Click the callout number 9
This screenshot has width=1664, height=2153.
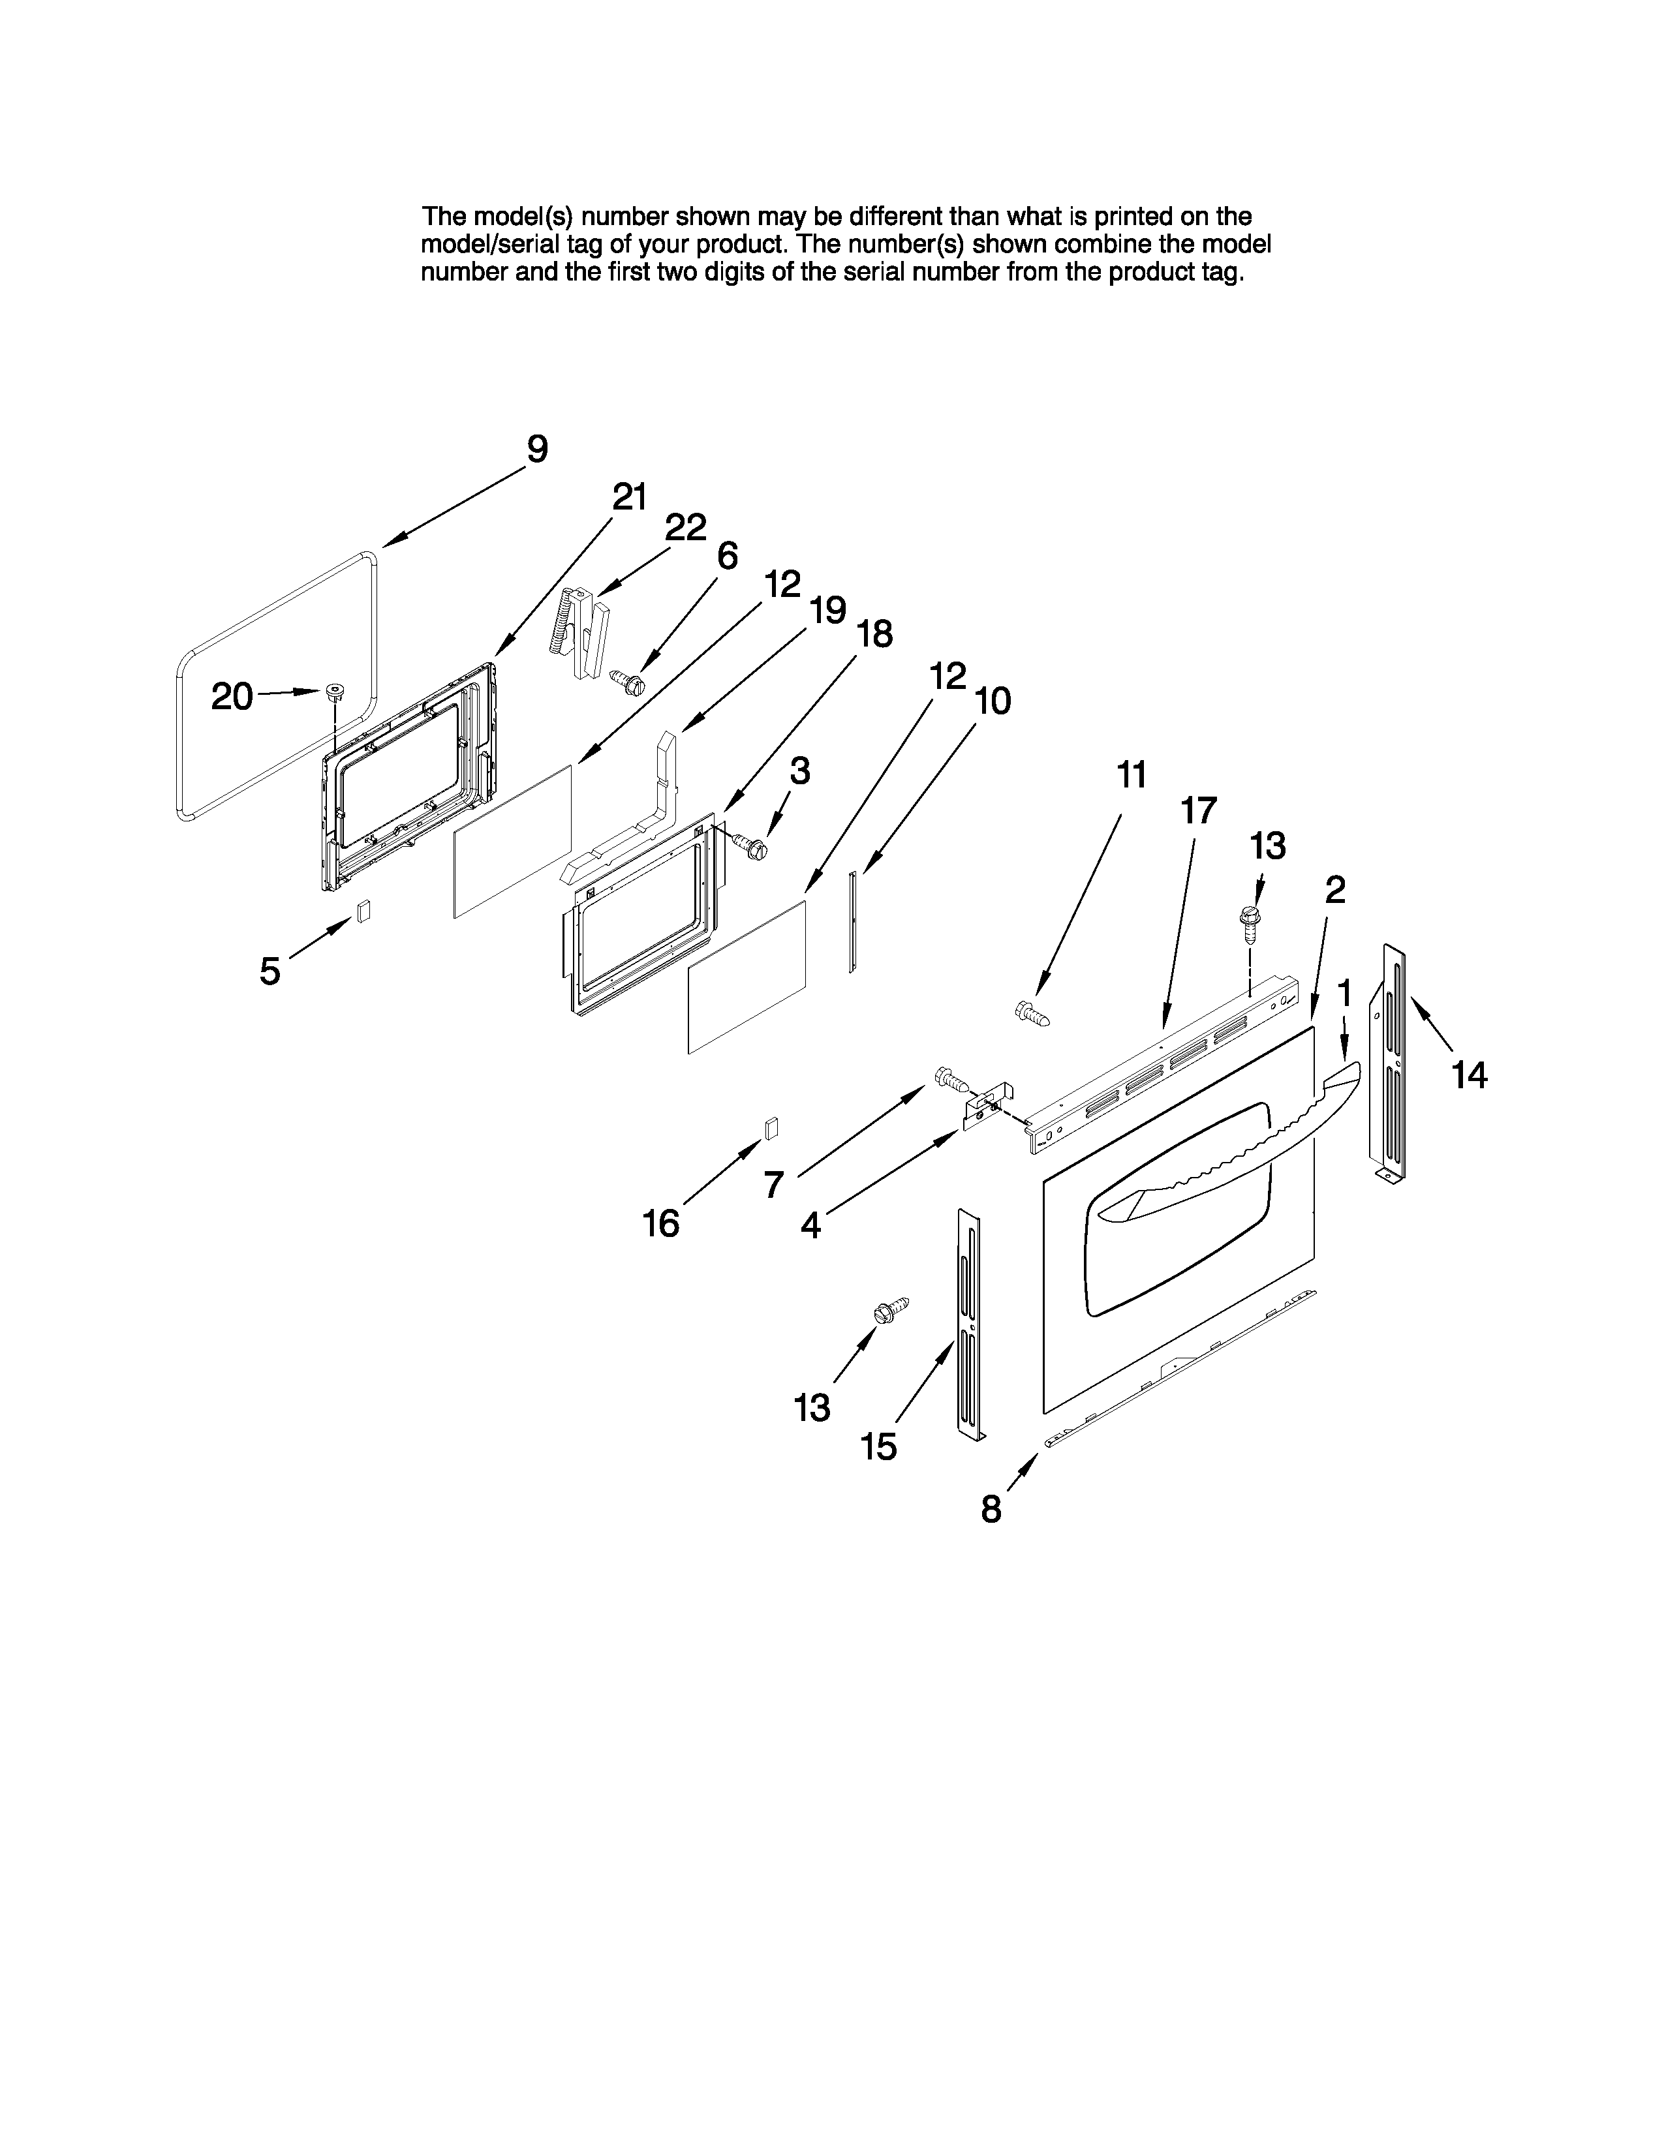click(537, 450)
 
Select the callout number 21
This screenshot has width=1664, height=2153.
click(629, 497)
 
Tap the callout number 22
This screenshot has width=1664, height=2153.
click(685, 527)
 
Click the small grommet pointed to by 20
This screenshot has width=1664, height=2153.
click(335, 690)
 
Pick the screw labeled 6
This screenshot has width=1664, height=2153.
click(626, 680)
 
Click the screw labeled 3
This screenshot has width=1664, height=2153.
click(750, 845)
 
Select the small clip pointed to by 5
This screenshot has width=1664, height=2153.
click(363, 910)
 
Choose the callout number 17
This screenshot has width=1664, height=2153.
click(1199, 810)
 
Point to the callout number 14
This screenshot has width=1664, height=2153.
click(1469, 1075)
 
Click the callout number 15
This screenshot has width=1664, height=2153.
click(878, 1447)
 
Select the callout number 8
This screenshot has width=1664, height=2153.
click(991, 1508)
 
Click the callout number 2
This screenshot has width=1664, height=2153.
click(1334, 890)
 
